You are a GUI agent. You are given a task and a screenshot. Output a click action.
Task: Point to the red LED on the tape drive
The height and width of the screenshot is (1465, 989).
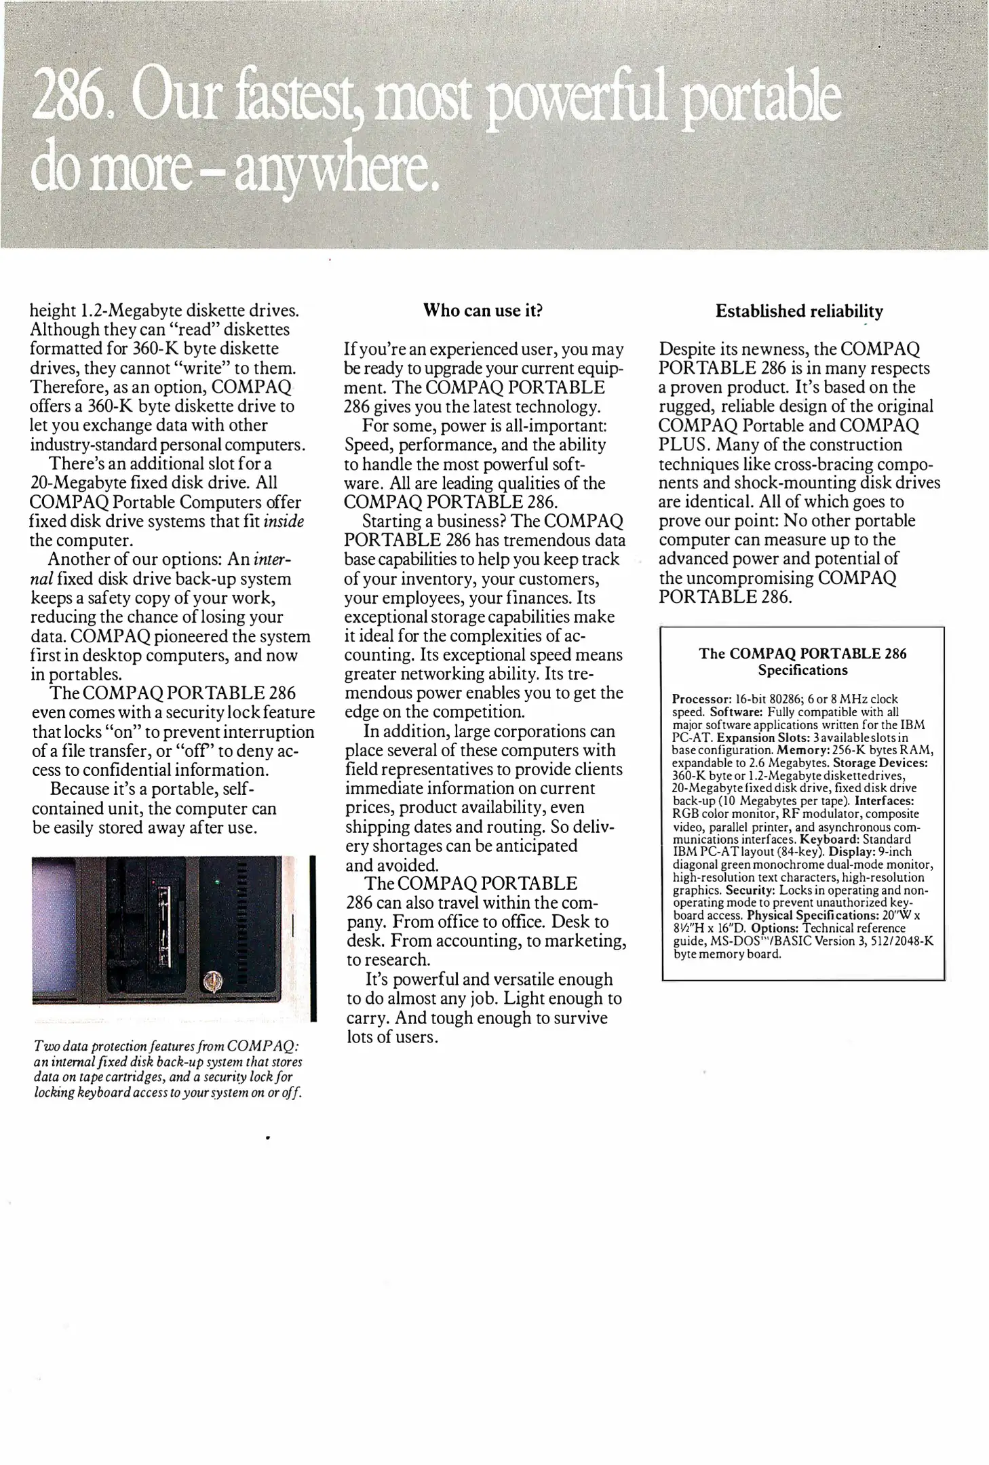click(155, 882)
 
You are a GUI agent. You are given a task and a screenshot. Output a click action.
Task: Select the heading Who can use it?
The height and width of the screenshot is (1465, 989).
click(483, 311)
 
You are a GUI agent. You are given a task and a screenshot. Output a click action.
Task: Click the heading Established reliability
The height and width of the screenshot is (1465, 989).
click(799, 311)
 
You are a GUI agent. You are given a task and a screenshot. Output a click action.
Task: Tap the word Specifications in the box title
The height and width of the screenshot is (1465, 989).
click(802, 670)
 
